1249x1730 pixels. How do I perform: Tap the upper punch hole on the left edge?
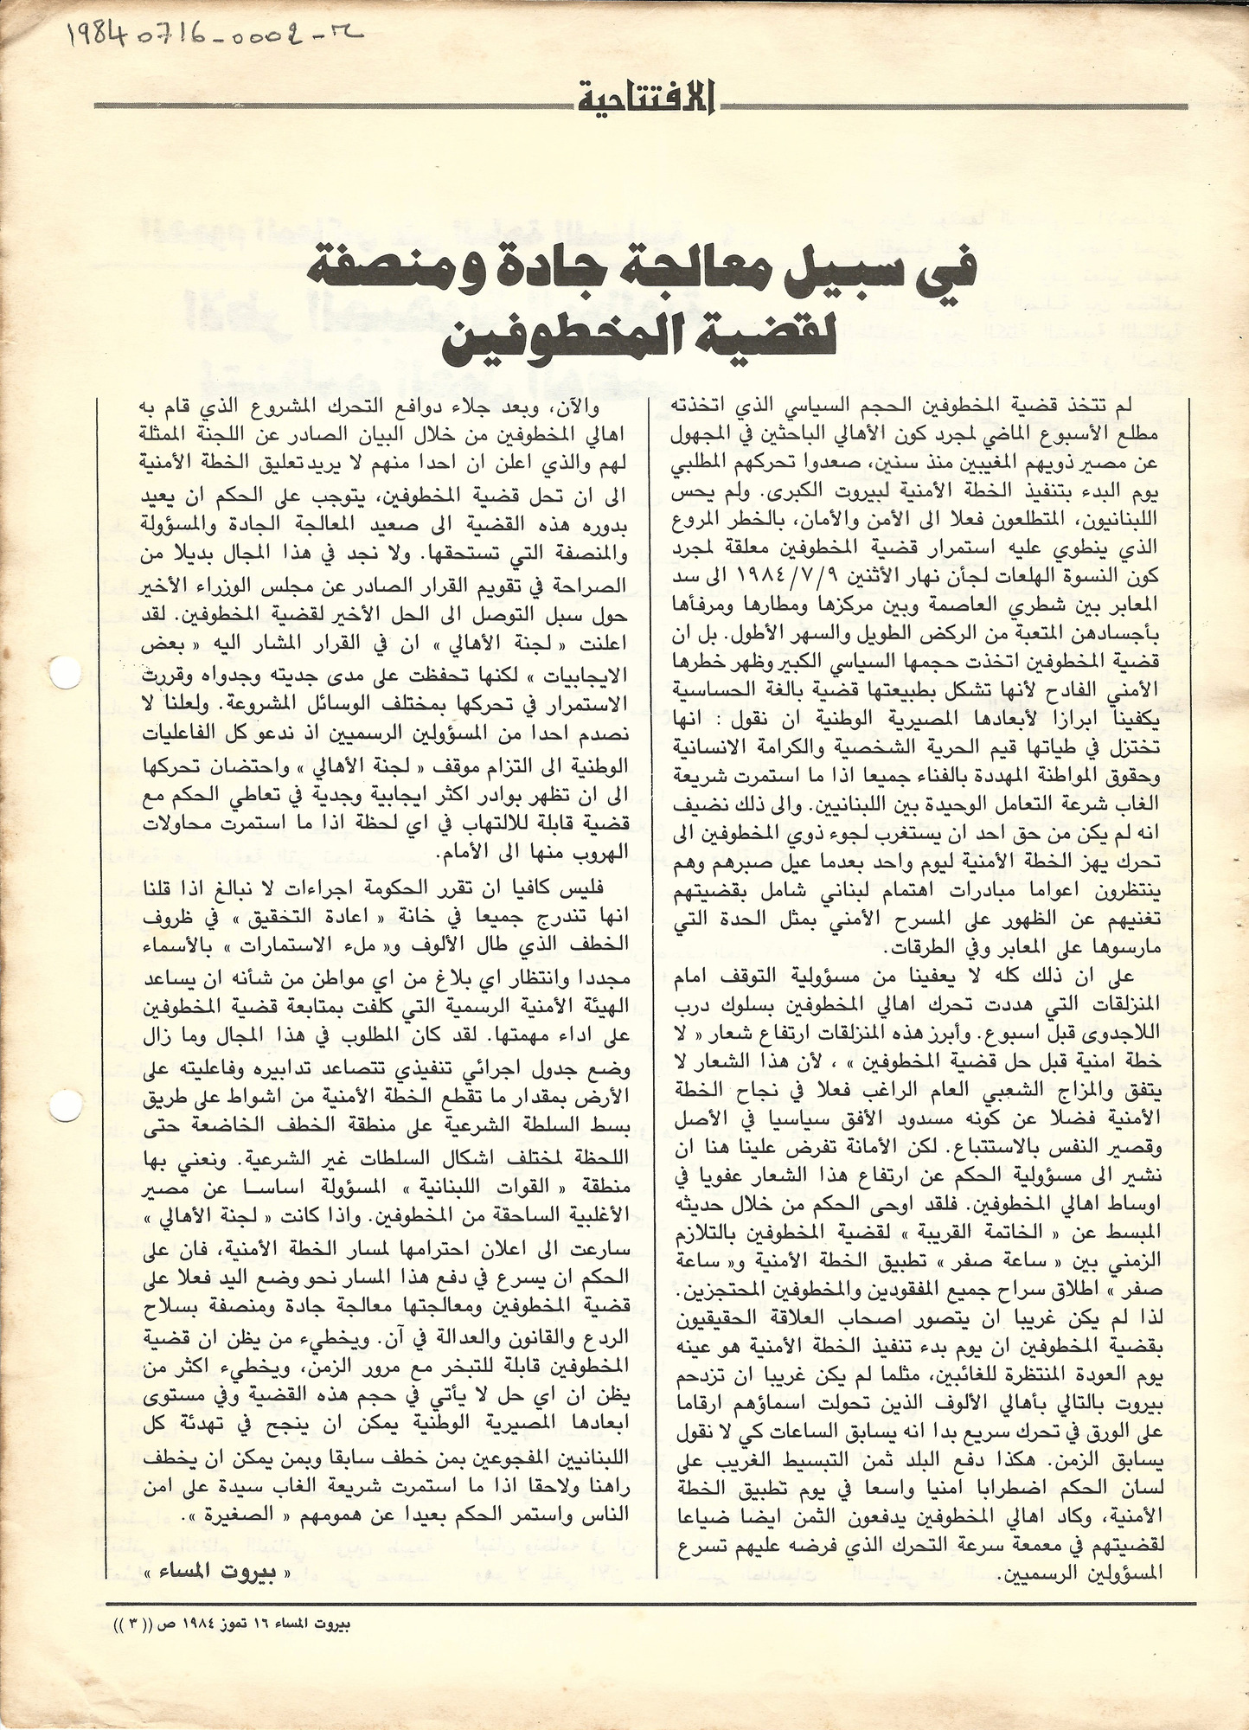[63, 672]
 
